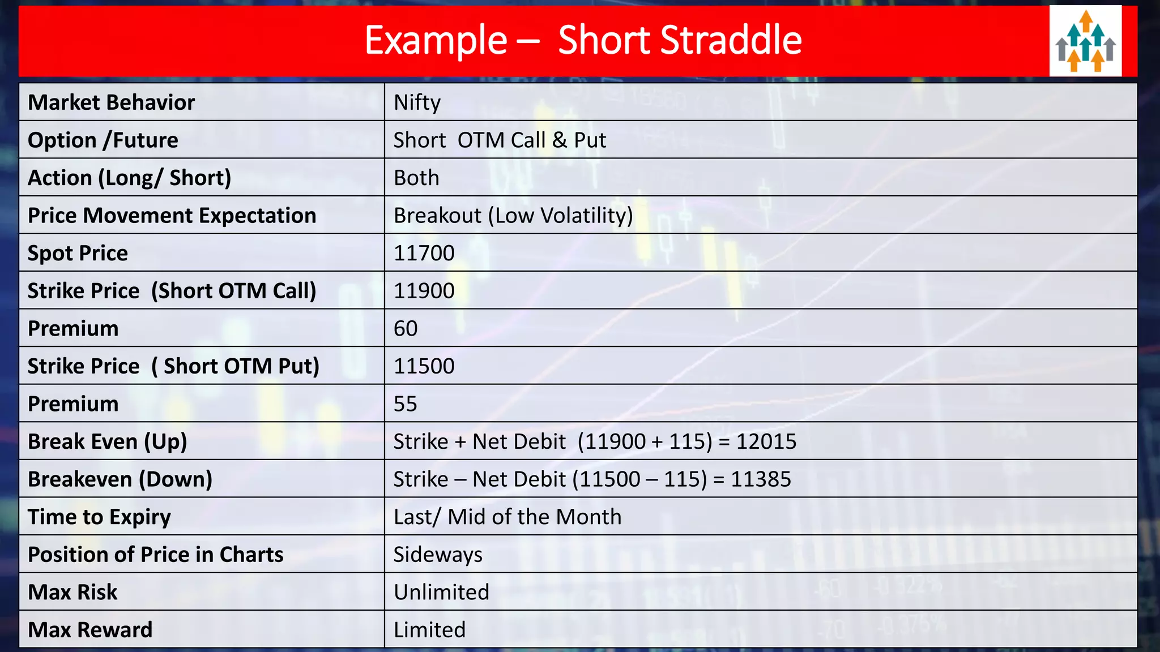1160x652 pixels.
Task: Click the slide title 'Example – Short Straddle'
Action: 583,40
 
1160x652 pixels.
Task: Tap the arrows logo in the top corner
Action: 1085,41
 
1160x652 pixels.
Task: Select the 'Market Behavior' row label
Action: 112,102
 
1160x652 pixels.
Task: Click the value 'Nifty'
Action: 417,102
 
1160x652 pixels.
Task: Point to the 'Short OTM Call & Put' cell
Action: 500,140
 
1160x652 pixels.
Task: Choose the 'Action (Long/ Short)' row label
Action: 129,178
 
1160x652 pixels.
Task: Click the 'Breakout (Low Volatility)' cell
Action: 513,216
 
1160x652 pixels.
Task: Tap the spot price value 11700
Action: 424,253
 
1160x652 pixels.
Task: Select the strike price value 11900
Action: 424,291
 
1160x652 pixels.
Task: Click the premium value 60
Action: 406,328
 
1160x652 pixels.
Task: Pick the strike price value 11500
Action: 424,366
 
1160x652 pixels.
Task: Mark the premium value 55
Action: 405,404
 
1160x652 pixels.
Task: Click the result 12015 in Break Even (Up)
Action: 766,441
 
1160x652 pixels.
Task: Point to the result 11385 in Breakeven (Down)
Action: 761,479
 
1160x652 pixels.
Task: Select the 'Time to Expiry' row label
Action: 99,517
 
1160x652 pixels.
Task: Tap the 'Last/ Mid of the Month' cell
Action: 507,517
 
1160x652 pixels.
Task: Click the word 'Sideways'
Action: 438,555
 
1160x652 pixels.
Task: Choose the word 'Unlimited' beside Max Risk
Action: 441,592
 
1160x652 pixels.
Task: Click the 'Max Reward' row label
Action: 90,630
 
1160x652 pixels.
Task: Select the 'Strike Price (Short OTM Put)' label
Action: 173,366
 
